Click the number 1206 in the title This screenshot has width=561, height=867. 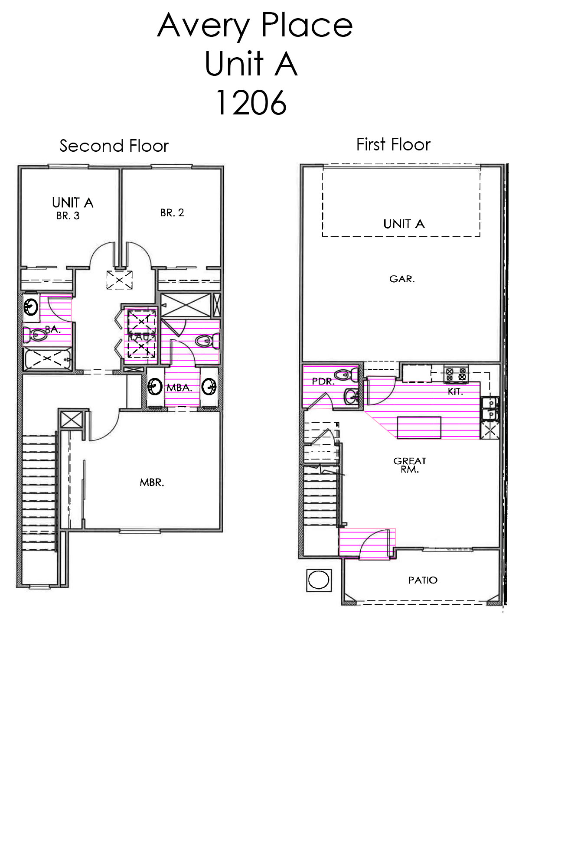251,103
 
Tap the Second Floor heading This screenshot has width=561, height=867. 114,146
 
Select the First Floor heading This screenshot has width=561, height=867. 393,145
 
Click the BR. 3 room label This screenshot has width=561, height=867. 68,216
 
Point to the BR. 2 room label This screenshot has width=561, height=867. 172,213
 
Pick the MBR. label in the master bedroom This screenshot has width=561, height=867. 152,482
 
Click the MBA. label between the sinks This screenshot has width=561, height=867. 179,388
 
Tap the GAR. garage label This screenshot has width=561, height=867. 402,279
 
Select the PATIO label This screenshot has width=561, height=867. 423,580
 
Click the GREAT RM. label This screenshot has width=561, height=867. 410,465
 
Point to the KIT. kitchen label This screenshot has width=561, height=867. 455,392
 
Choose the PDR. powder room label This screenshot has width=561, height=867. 323,381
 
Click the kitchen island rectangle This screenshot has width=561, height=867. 419,427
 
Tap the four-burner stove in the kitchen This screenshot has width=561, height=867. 456,374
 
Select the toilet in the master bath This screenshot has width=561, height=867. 205,341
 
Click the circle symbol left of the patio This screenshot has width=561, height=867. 319,580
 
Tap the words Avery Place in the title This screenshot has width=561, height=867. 255,25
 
